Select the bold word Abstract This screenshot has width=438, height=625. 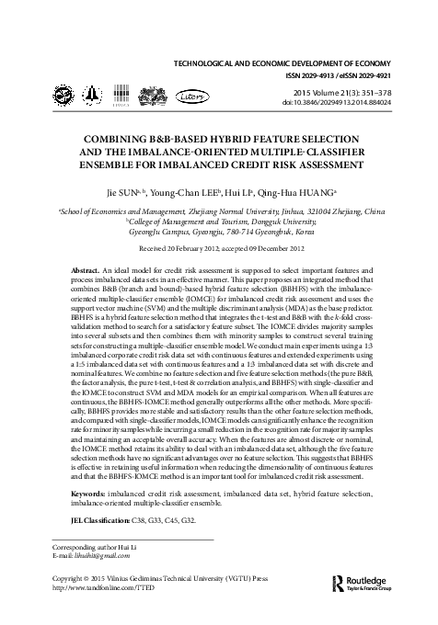click(x=87, y=273)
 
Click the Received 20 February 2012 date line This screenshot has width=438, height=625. click(x=219, y=249)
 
